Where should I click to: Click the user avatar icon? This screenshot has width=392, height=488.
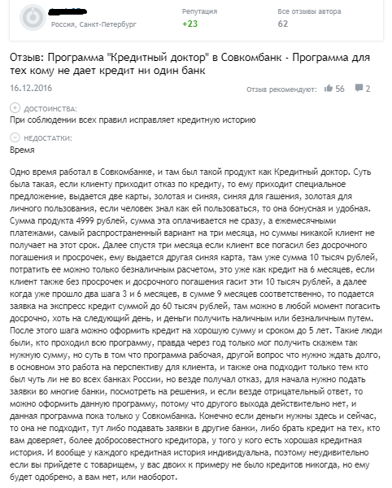click(30, 18)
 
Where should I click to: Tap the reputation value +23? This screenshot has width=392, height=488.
click(190, 24)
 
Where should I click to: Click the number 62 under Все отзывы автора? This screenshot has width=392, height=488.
click(283, 24)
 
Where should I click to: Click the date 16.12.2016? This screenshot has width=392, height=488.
click(30, 87)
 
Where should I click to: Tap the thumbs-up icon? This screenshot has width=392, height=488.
click(328, 88)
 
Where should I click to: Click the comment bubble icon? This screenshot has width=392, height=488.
click(359, 88)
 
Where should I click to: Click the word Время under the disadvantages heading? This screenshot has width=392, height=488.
click(23, 150)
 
